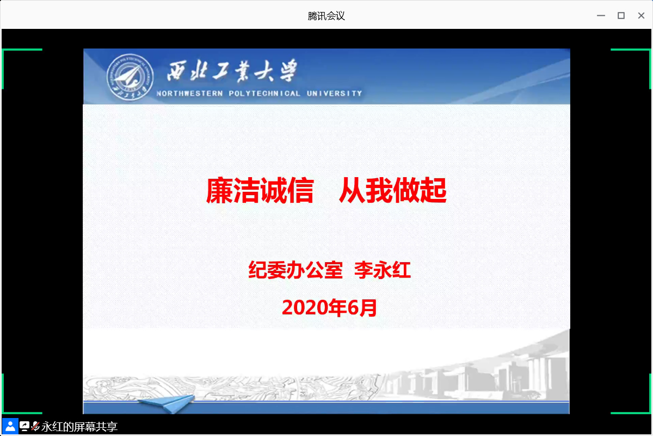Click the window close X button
click(x=641, y=15)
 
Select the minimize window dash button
click(x=601, y=15)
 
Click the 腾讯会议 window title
click(x=326, y=16)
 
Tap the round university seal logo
click(x=130, y=77)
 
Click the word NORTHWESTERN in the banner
click(x=189, y=93)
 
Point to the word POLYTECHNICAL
click(x=264, y=93)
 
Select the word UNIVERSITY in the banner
click(x=334, y=93)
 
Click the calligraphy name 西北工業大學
click(x=232, y=71)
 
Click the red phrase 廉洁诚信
click(x=260, y=190)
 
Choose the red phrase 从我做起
click(x=393, y=190)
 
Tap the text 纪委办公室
click(x=295, y=270)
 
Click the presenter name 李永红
click(x=383, y=270)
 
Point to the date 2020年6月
click(x=329, y=308)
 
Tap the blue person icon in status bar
click(x=10, y=426)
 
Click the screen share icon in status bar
click(x=24, y=426)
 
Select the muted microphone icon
click(x=35, y=426)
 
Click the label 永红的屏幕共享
click(x=79, y=427)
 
